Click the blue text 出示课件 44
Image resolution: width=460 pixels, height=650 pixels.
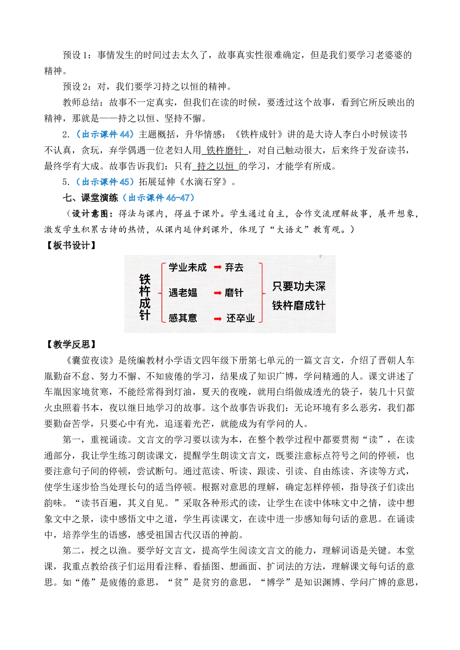(x=105, y=134)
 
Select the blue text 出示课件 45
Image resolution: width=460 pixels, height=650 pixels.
(x=105, y=182)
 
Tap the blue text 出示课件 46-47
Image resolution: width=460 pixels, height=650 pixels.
(x=158, y=198)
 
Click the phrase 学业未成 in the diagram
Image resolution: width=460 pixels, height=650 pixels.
(x=187, y=268)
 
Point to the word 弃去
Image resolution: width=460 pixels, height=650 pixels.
(x=234, y=268)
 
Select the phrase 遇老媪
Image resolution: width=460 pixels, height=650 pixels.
(x=183, y=293)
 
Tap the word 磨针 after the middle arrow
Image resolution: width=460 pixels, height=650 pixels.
(x=234, y=293)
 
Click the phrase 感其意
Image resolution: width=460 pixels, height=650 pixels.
(x=183, y=318)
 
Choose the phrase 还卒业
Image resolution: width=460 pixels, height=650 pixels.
(x=241, y=318)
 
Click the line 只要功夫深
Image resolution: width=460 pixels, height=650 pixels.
(x=299, y=286)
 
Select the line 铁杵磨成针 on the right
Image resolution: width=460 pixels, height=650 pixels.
(x=299, y=306)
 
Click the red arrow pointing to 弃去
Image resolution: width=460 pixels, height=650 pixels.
(x=218, y=267)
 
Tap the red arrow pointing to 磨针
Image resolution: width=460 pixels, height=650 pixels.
(x=218, y=293)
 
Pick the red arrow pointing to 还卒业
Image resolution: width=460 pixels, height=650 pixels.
(x=218, y=318)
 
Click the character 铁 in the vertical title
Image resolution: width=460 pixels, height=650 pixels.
(x=145, y=279)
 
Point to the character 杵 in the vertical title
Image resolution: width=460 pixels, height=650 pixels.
(x=145, y=291)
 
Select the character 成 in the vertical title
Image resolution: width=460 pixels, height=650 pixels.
(x=145, y=303)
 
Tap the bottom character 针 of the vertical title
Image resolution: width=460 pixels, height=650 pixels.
(x=145, y=315)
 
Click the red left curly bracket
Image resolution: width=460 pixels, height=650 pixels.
(x=162, y=293)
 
